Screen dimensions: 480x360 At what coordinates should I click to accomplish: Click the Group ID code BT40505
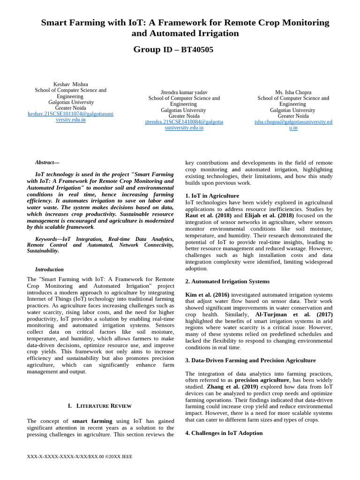point(197,50)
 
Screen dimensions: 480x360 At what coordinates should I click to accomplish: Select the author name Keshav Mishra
point(71,84)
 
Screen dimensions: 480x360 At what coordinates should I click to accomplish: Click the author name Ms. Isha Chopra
point(293,92)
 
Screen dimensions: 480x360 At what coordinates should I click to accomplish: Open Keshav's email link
point(71,117)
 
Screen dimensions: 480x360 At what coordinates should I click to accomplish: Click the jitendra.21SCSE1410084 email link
point(184,125)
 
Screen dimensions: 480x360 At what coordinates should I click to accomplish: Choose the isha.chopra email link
point(293,125)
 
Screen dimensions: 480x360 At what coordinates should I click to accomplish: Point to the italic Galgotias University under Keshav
point(71,102)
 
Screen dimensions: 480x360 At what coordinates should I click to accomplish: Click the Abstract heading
point(47,162)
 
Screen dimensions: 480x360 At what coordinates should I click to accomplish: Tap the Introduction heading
point(49,270)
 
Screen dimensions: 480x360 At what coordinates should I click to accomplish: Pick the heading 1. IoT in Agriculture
point(212,195)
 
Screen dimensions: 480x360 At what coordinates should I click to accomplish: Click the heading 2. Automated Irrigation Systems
point(227,281)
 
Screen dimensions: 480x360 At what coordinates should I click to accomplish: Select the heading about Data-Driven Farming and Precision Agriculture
point(250,360)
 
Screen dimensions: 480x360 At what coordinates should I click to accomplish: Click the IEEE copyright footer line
point(80,457)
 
